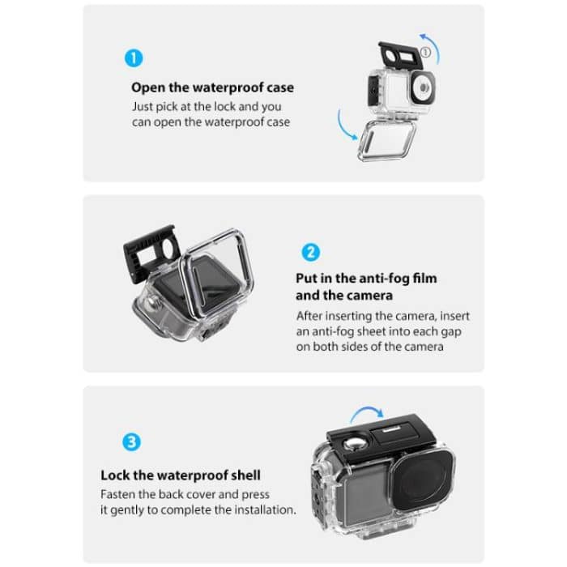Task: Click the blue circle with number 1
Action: tap(134, 58)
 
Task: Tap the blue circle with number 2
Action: tap(310, 251)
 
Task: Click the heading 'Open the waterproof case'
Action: tap(212, 87)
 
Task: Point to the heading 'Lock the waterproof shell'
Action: tap(181, 475)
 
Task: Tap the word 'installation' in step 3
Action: tap(260, 510)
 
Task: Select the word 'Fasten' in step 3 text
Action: tap(119, 494)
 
